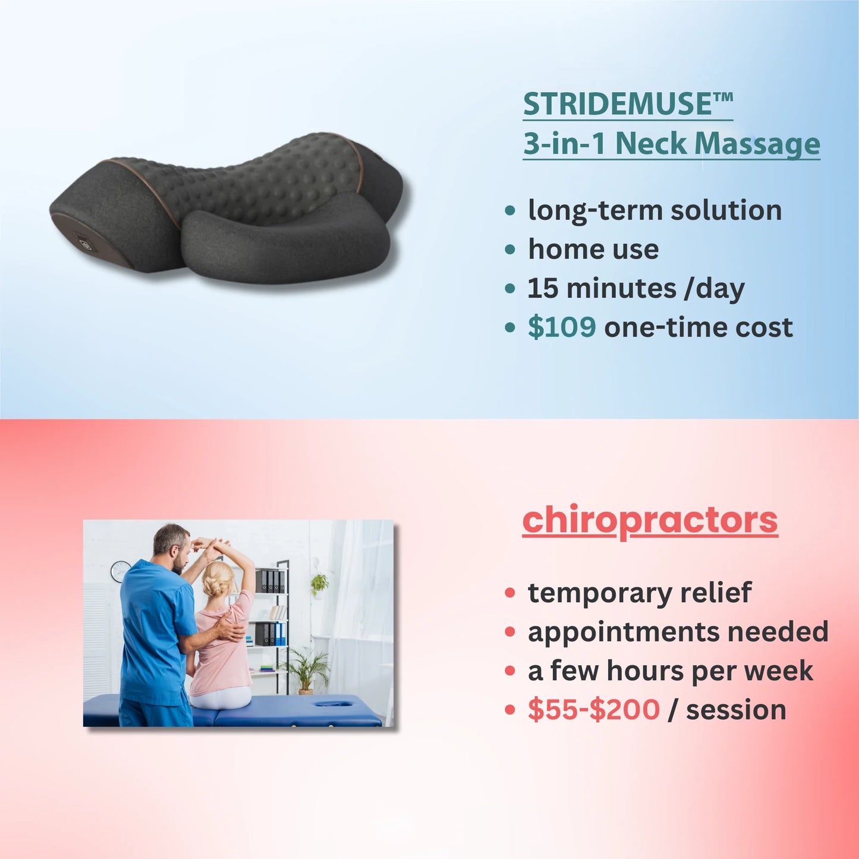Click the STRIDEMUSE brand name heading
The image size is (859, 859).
(x=627, y=104)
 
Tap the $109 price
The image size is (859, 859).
(x=561, y=327)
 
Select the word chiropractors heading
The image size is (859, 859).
(x=650, y=520)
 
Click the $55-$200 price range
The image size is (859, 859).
(x=593, y=709)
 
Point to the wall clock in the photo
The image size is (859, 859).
(x=120, y=571)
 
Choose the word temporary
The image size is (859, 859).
(x=600, y=593)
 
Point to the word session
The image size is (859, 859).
(x=736, y=709)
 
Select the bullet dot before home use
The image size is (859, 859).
(x=510, y=250)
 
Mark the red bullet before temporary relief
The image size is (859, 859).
(x=510, y=593)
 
